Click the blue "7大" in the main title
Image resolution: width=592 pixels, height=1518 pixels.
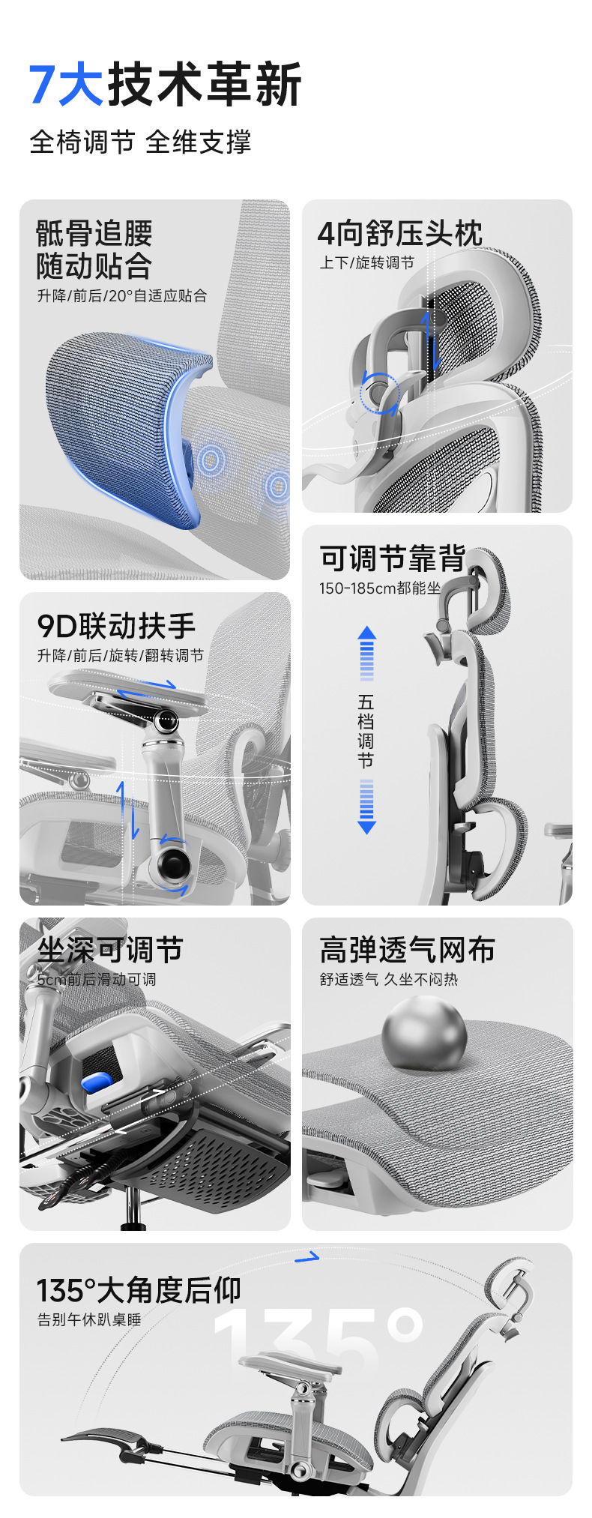[66, 84]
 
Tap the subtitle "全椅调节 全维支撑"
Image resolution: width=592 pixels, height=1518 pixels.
[140, 142]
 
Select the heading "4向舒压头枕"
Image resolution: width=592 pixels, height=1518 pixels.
[400, 233]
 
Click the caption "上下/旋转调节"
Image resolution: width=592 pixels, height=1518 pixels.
[366, 263]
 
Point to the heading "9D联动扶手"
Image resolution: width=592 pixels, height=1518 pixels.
[116, 625]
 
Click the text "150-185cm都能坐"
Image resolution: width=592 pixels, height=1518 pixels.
[380, 588]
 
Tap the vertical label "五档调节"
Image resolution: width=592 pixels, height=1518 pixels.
[366, 731]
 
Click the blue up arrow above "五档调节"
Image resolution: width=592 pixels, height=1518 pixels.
[366, 653]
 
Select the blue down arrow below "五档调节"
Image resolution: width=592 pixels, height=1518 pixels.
[366, 807]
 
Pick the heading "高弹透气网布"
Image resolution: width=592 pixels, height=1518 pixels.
[408, 950]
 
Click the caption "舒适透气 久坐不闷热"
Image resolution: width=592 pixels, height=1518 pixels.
[389, 979]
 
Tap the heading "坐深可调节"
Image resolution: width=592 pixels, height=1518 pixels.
[110, 950]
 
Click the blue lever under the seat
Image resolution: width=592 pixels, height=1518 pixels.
[97, 1082]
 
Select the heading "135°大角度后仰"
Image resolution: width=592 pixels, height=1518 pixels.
[139, 1291]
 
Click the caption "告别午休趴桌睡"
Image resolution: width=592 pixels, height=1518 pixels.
[89, 1319]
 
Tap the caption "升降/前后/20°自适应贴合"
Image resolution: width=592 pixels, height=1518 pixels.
[122, 295]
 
